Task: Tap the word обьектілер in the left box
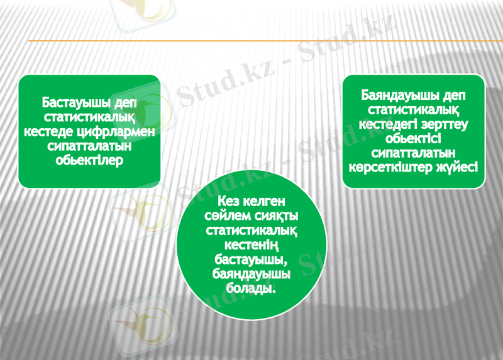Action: coord(89,160)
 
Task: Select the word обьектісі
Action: coord(413,138)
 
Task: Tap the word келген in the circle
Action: coord(263,201)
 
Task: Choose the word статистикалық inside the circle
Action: coord(251,230)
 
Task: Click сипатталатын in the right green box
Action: coord(413,153)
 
